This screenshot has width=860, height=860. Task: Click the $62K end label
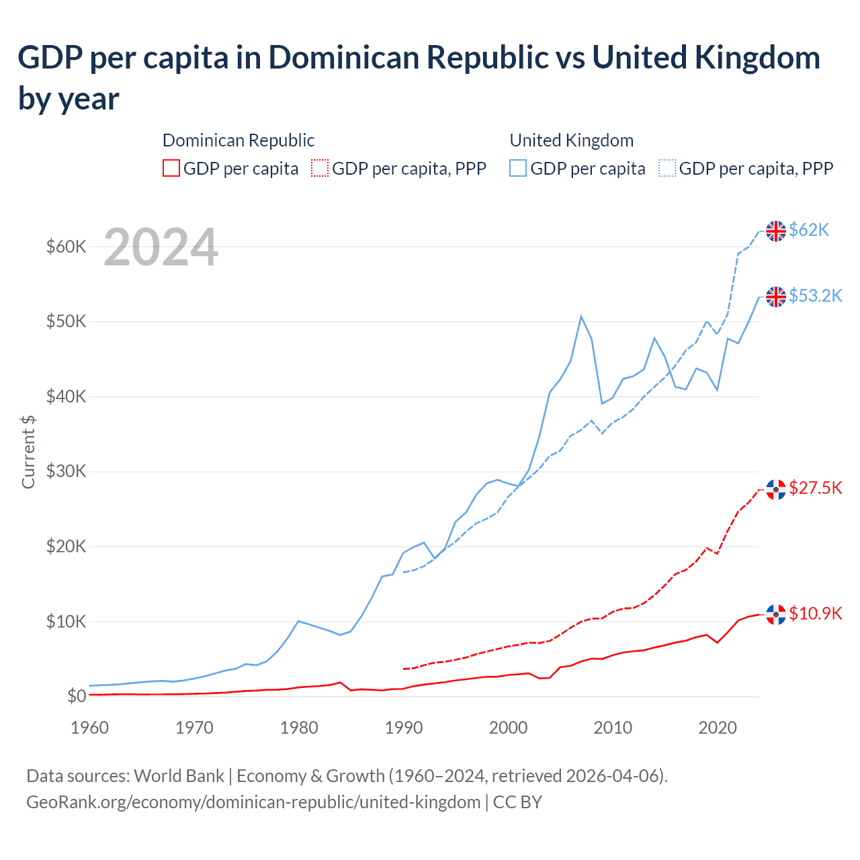(809, 230)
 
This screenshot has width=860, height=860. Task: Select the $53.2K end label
(815, 296)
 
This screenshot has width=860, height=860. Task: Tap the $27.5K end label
(815, 488)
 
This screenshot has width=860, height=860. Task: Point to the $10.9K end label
(815, 613)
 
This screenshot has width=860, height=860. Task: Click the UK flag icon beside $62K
(776, 230)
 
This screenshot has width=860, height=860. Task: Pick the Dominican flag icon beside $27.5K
(776, 489)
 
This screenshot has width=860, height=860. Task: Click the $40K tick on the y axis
(66, 396)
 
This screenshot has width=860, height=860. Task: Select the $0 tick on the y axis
(76, 696)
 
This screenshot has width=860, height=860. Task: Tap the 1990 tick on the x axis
(404, 728)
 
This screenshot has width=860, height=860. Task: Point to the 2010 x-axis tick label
(613, 728)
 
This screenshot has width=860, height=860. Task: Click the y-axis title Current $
(28, 452)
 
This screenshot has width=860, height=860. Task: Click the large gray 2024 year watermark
(161, 248)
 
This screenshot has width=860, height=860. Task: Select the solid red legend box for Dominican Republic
(171, 168)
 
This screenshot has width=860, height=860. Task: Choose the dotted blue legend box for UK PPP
(667, 168)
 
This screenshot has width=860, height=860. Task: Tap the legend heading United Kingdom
(571, 140)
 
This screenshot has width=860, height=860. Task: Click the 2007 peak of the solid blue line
(581, 316)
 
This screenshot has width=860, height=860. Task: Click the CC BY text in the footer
(517, 802)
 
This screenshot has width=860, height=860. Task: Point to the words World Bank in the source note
(179, 776)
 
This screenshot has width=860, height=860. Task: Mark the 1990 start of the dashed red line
(404, 669)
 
